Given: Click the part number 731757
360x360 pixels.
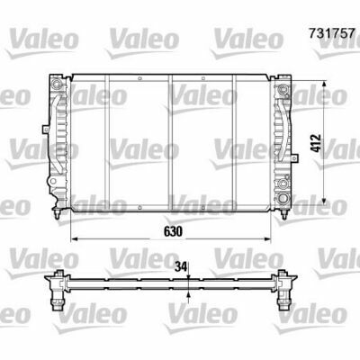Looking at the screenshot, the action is click(332, 33).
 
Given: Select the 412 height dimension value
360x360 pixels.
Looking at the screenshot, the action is click(317, 143).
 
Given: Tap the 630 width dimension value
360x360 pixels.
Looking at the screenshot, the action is click(173, 231).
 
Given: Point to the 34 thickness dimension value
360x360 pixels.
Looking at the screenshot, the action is click(181, 266).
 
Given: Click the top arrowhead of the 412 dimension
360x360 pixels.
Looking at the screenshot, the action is click(324, 85).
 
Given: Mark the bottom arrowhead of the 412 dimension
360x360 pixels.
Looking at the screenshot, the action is click(324, 200).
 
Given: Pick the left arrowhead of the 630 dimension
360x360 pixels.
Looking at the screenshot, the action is click(74, 239).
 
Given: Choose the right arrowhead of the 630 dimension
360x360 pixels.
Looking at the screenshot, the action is click(266, 239).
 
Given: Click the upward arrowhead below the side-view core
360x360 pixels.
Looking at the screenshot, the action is click(188, 295).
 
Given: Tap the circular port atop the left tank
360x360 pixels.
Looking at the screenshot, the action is click(56, 84).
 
